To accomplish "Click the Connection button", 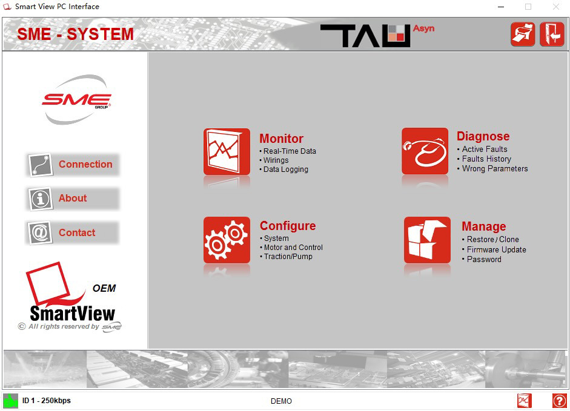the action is click(73, 165).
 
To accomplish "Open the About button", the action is click(73, 199).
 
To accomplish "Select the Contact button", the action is click(73, 232).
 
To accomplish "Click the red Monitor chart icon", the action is click(227, 151).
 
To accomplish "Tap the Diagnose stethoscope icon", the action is click(425, 151).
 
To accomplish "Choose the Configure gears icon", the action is click(227, 240).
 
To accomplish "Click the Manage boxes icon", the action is click(427, 240).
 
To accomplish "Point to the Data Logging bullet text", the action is click(286, 169).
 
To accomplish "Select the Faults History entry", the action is click(486, 159).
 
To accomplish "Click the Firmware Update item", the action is click(496, 249).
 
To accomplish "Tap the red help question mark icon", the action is click(559, 401).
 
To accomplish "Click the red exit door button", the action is click(552, 34).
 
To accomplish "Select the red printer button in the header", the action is click(523, 34).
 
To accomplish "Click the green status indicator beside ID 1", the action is click(10, 401).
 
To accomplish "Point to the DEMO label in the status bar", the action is click(281, 401).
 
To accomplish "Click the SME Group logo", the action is click(77, 99).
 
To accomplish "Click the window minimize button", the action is click(501, 7).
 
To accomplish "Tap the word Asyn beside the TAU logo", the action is click(423, 28).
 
